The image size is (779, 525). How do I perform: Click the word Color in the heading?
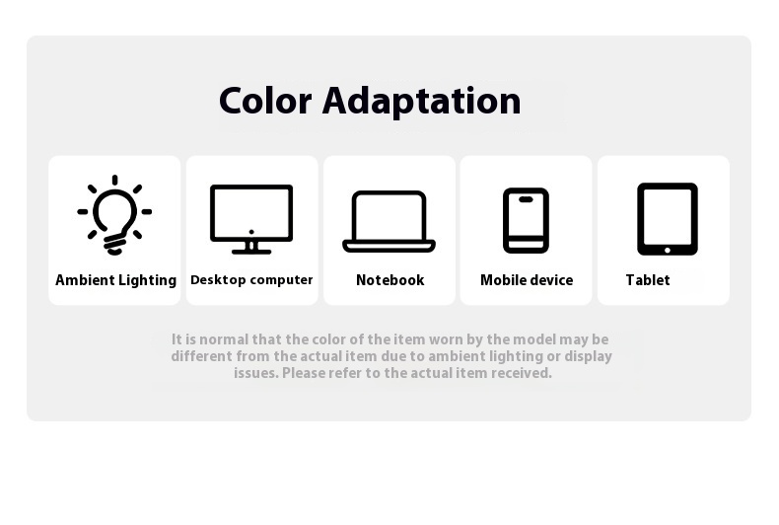[265, 101]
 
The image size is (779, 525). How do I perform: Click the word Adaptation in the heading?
[422, 103]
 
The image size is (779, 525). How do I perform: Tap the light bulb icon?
[114, 215]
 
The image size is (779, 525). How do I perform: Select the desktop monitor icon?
[251, 219]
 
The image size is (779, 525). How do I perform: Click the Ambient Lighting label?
[115, 280]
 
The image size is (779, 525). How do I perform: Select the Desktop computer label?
[251, 280]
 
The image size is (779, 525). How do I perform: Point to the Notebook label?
[390, 280]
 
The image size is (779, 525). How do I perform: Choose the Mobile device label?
[527, 280]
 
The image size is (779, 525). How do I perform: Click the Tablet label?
[648, 280]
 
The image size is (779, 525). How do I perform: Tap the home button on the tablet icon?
[668, 250]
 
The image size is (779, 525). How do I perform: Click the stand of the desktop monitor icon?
[251, 248]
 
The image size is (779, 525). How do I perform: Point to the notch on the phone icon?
[526, 199]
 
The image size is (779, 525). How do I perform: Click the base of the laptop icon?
[389, 246]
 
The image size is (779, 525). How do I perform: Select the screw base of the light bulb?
[114, 244]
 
